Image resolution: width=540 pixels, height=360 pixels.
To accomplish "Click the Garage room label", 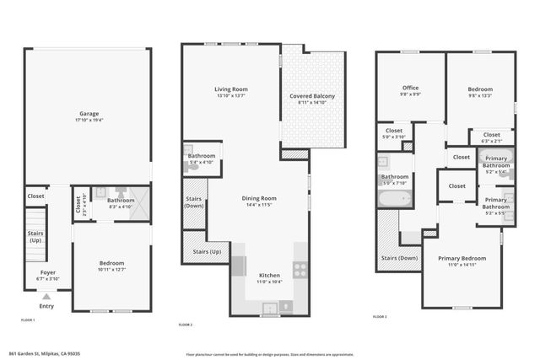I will pos(89,113).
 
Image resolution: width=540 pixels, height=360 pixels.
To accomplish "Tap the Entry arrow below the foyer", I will pos(46,297).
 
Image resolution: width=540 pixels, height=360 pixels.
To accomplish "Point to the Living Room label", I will pos(230,89).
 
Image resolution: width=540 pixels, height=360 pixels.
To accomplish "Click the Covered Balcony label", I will pos(311,97).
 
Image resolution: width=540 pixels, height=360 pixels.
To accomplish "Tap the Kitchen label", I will pos(269,276).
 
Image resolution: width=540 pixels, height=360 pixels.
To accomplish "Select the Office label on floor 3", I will pos(411,88).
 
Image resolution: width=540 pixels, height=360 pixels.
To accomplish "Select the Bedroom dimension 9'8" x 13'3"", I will pos(480,95).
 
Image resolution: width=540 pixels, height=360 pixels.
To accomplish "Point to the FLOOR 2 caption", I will pos(186,325).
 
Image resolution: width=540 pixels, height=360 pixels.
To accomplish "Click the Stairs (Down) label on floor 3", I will pos(400,258).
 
